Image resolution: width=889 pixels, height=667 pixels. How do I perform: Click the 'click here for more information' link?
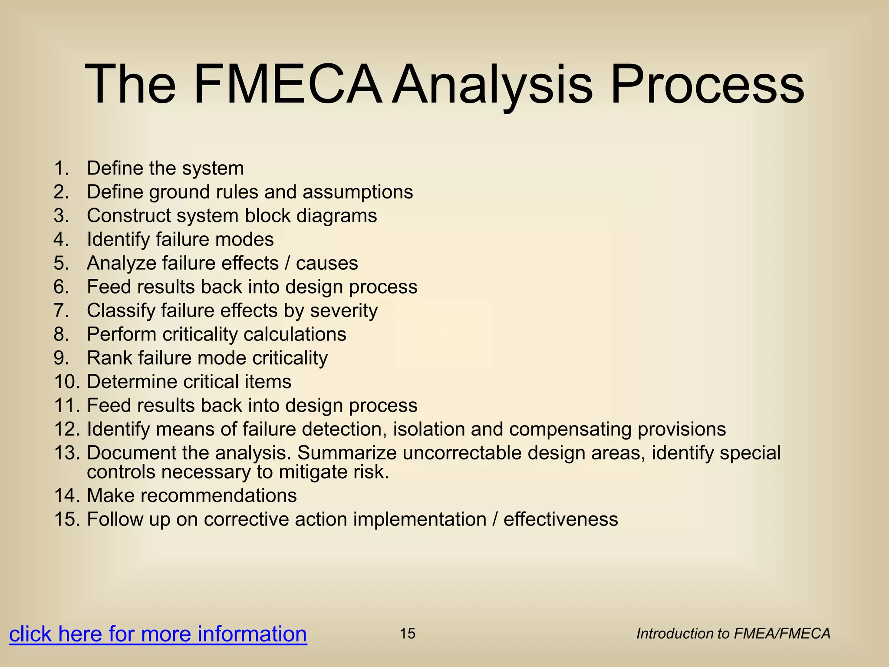(x=158, y=634)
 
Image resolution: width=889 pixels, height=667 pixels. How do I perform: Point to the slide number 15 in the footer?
(x=407, y=634)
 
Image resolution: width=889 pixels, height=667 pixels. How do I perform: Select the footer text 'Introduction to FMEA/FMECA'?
(x=733, y=634)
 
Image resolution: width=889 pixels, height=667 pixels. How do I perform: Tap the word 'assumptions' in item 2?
(x=358, y=192)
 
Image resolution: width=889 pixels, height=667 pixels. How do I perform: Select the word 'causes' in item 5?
(x=327, y=263)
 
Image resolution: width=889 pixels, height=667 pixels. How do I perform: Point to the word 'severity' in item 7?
(x=343, y=311)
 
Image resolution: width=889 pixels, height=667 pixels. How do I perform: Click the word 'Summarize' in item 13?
(x=347, y=453)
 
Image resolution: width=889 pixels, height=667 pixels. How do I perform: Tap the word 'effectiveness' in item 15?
(x=560, y=520)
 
